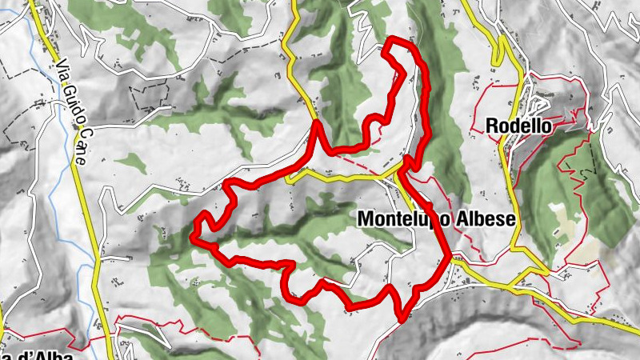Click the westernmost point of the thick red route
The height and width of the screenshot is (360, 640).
[193, 235]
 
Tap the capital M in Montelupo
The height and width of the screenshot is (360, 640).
[366, 218]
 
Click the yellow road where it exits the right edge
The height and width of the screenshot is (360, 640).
[637, 322]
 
